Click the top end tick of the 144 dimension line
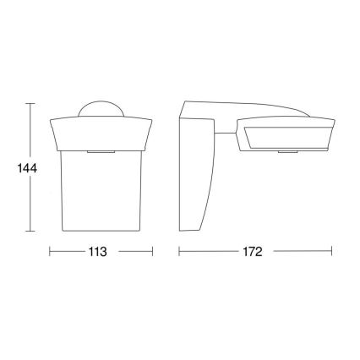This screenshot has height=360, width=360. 30,103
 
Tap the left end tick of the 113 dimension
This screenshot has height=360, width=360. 49,252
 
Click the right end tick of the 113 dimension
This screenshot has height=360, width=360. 152,252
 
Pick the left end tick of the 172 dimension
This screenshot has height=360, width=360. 178,252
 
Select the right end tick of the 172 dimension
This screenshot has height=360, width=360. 330,252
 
